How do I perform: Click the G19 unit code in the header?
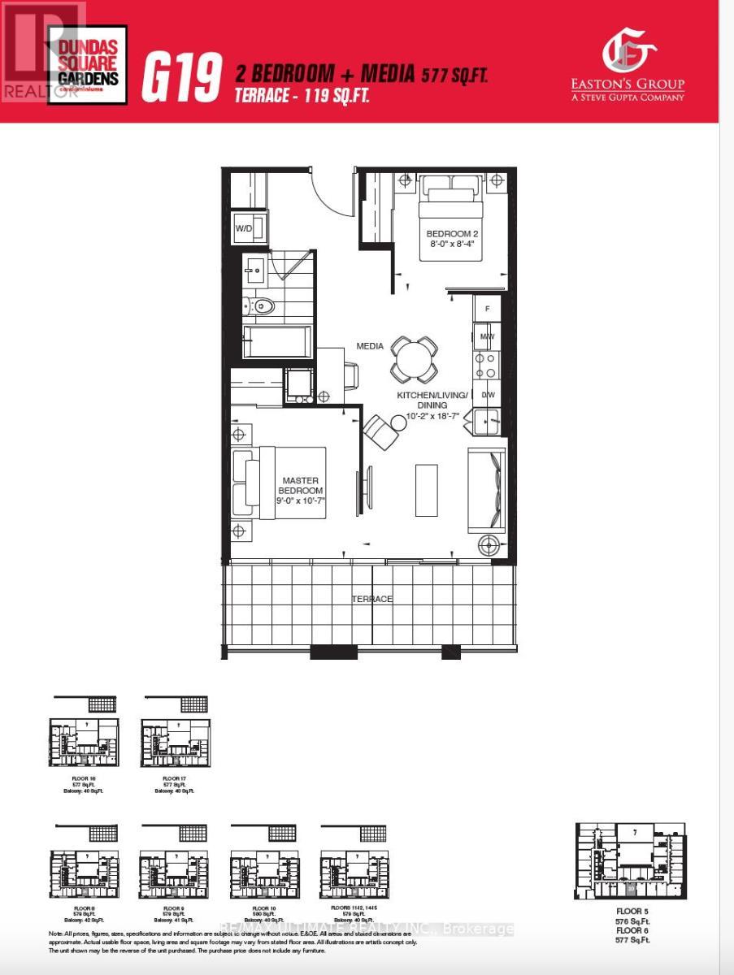pyautogui.click(x=182, y=76)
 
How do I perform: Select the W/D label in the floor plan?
pyautogui.click(x=245, y=228)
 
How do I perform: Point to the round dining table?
pyautogui.click(x=415, y=358)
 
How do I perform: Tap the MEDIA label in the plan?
pyautogui.click(x=370, y=346)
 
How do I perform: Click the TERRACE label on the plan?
pyautogui.click(x=371, y=599)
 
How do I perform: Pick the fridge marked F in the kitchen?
pyautogui.click(x=487, y=309)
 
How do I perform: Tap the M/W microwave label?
pyautogui.click(x=487, y=336)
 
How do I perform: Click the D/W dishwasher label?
pyautogui.click(x=488, y=395)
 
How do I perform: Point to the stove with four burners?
pyautogui.click(x=486, y=365)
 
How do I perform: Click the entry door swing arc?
pyautogui.click(x=333, y=191)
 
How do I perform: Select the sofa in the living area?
pyautogui.click(x=487, y=492)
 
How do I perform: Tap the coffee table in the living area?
pyautogui.click(x=427, y=489)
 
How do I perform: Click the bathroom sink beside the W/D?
pyautogui.click(x=254, y=267)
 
